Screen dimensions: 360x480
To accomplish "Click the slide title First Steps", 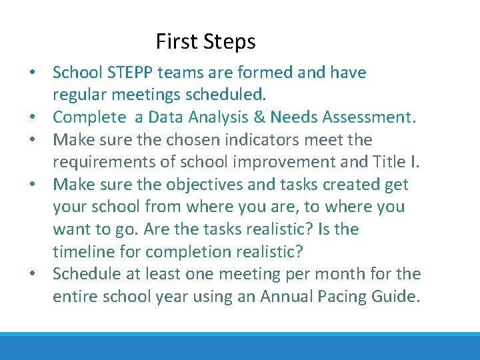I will [x=205, y=42].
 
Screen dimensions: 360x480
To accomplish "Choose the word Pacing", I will [x=338, y=297].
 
